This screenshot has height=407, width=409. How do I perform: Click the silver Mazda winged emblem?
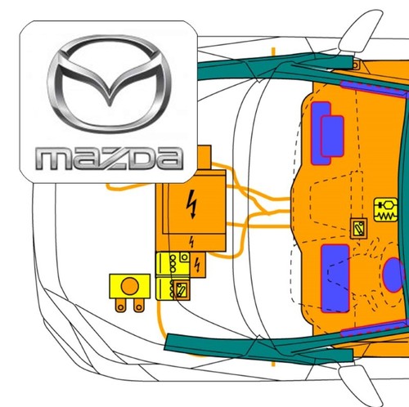[109, 84]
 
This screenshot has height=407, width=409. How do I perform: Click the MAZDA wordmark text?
[109, 159]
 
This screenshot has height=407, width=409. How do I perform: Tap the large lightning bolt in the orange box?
[192, 204]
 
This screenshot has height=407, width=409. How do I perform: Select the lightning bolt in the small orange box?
[197, 265]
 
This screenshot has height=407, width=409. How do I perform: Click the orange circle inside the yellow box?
[130, 286]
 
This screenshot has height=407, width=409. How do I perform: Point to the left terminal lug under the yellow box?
[121, 305]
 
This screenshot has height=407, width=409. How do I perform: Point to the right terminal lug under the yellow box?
[139, 305]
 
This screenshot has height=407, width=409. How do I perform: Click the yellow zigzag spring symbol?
[386, 209]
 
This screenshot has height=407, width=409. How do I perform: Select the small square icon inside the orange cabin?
[358, 228]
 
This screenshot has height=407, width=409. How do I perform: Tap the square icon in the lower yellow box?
[182, 290]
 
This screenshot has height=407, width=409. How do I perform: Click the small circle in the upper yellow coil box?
[185, 257]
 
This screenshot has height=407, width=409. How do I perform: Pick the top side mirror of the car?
[360, 30]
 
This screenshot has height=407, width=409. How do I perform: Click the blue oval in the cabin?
[393, 275]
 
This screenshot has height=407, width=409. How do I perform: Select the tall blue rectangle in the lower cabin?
[335, 278]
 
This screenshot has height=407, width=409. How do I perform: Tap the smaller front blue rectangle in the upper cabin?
[332, 136]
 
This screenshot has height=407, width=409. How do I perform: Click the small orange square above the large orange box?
[204, 157]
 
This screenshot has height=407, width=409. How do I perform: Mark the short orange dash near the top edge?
[273, 51]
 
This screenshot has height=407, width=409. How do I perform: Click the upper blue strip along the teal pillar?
[374, 87]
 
